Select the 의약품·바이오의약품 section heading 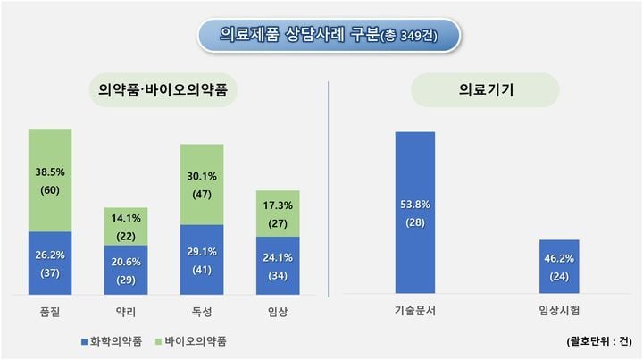pyautogui.click(x=163, y=90)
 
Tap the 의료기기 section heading pyautogui.click(x=485, y=90)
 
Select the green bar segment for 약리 pyautogui.click(x=125, y=227)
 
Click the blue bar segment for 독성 pyautogui.click(x=201, y=259)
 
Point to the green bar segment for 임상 pyautogui.click(x=278, y=213)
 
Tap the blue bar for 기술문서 pyautogui.click(x=415, y=213)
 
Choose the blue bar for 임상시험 pyautogui.click(x=559, y=266)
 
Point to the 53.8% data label pyautogui.click(x=415, y=204)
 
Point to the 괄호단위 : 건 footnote pyautogui.click(x=598, y=341)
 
